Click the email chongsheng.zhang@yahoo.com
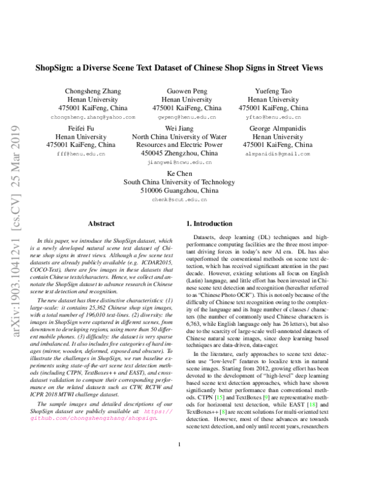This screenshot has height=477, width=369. (93, 116)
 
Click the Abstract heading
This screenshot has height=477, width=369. (101, 224)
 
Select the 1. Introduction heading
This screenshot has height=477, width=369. (210, 224)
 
